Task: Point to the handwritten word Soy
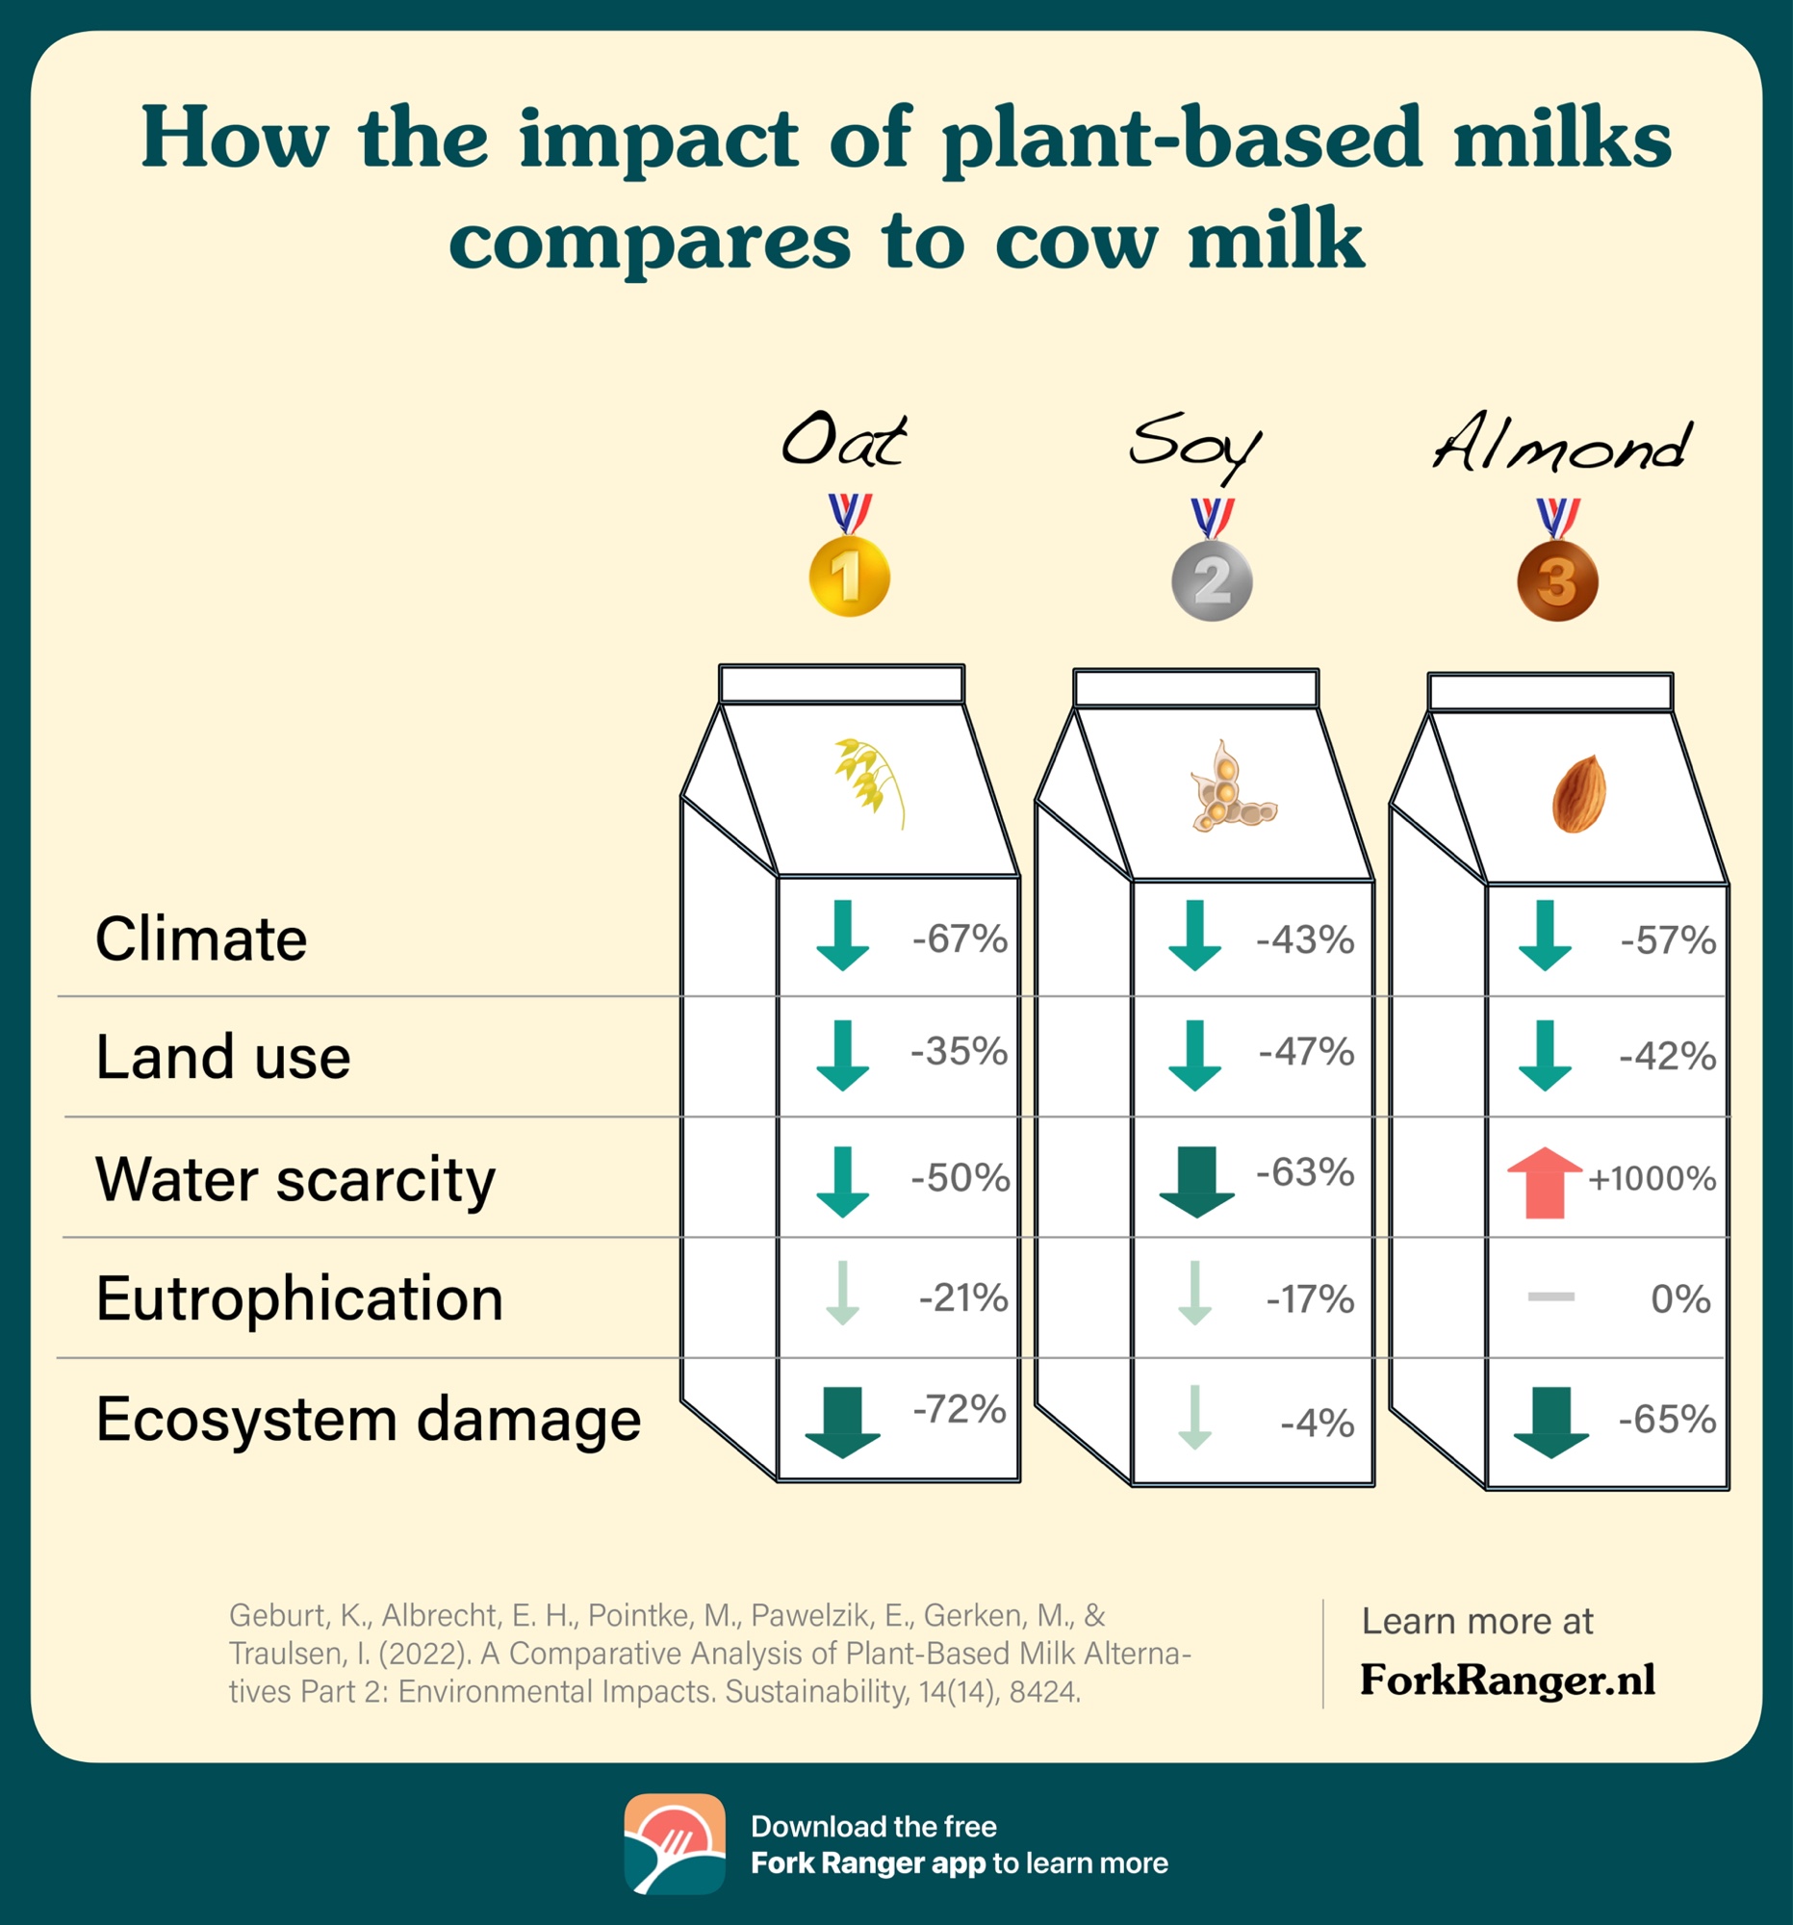[1195, 448]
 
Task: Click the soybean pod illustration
[1232, 787]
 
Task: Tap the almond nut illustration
[1579, 794]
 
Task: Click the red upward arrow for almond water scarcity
[1545, 1181]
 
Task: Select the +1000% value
[1652, 1178]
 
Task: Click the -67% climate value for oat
[960, 938]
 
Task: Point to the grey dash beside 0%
[1551, 1296]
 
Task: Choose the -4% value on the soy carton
[1317, 1423]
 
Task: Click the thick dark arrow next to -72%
[842, 1423]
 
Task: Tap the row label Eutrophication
[299, 1297]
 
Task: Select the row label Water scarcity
[295, 1180]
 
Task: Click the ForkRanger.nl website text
[1507, 1679]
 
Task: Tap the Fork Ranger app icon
[675, 1843]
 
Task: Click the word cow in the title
[1076, 243]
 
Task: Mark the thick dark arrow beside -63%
[1196, 1182]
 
